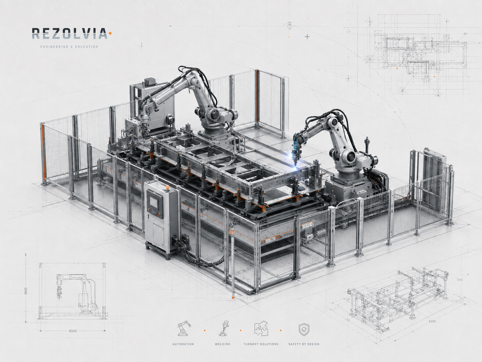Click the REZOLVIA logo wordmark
(70, 33)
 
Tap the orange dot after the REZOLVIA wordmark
(110, 33)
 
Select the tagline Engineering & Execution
(69, 47)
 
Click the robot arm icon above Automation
(184, 328)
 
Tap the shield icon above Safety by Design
(304, 329)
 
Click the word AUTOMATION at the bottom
(183, 344)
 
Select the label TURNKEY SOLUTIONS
(261, 344)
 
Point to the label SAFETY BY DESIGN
(304, 344)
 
